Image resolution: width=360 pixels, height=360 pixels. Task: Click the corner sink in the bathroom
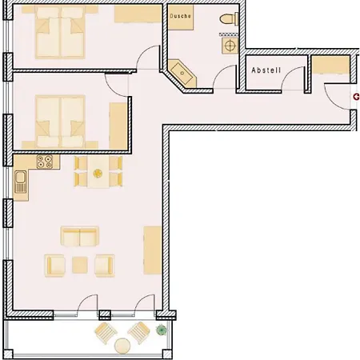click(x=184, y=74)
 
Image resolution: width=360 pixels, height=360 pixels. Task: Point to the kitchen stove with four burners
click(x=46, y=163)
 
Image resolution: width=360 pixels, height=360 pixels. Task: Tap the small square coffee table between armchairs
click(x=80, y=264)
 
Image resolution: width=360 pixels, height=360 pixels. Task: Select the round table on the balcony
click(x=122, y=346)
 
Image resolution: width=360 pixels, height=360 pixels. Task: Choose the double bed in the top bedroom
click(x=59, y=33)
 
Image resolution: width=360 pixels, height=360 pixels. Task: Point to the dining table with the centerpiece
click(x=98, y=171)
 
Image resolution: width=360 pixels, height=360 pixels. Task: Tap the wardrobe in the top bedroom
click(x=137, y=15)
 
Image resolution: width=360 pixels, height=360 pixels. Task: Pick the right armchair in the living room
click(x=104, y=264)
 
